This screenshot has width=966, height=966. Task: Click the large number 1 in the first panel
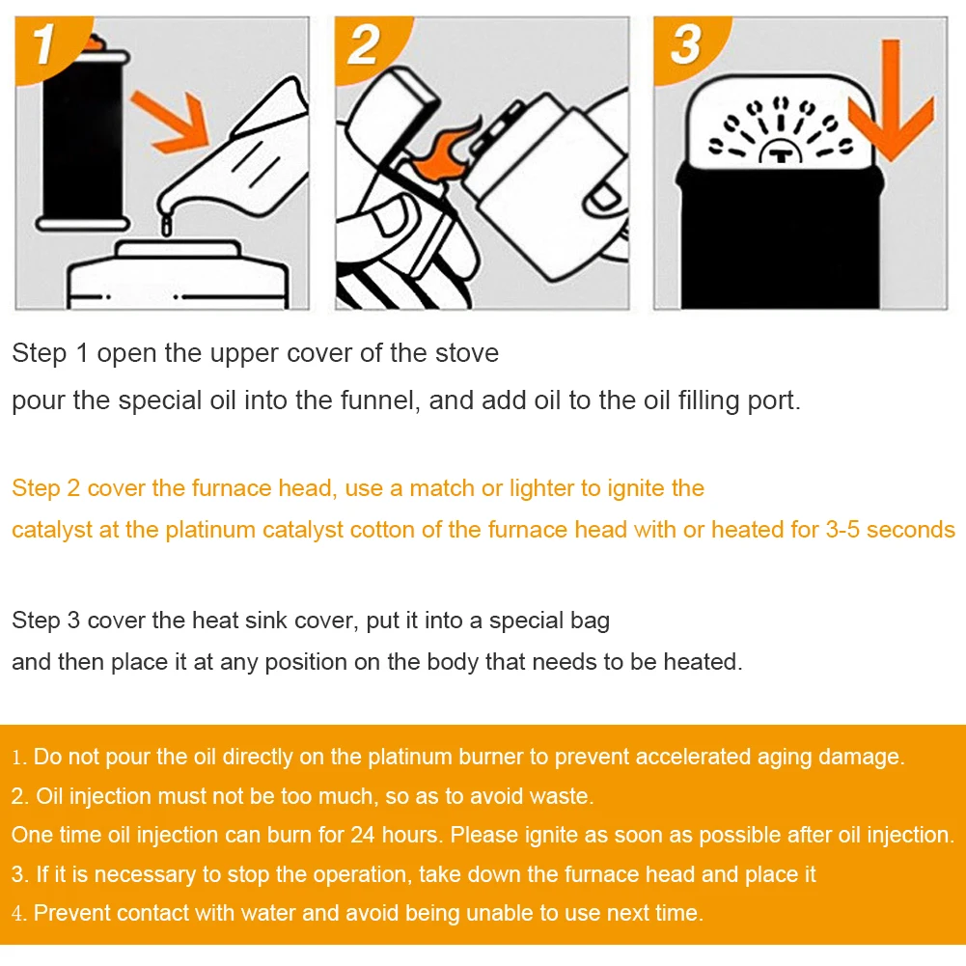(44, 43)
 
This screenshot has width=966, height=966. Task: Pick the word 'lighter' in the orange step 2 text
(540, 488)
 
